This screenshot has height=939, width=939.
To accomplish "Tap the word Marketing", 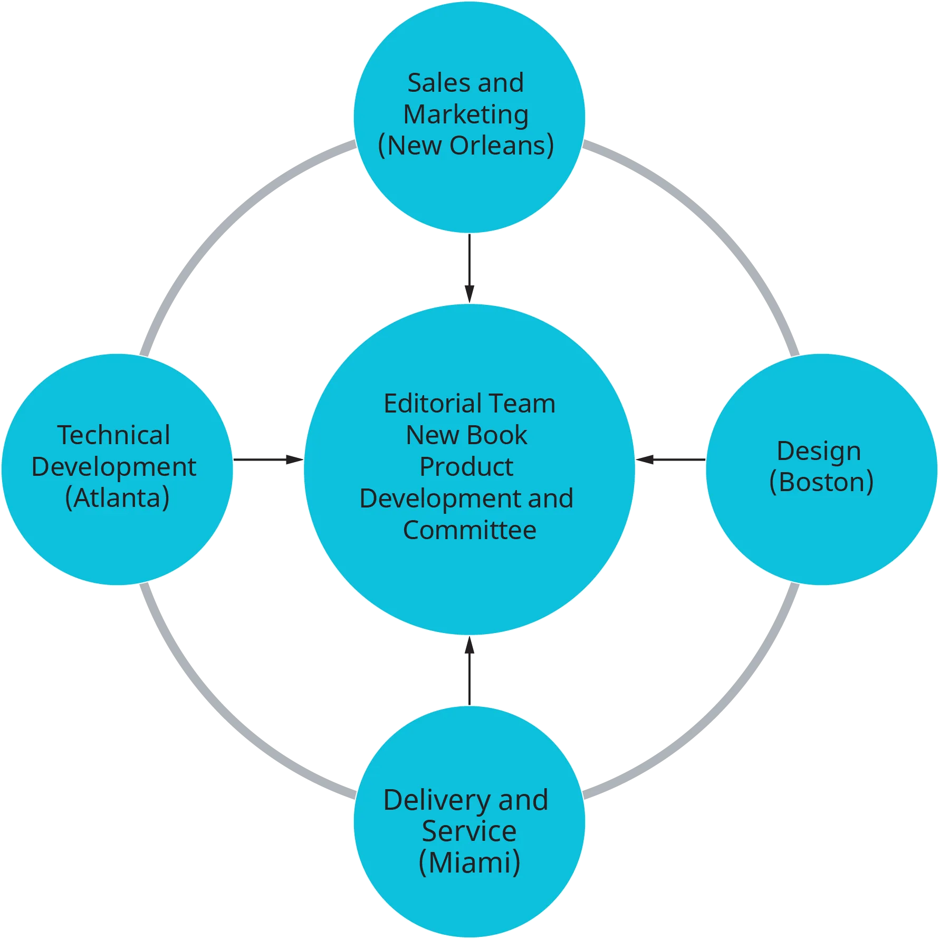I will [x=466, y=114].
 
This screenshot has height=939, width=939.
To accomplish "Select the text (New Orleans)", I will [x=466, y=146].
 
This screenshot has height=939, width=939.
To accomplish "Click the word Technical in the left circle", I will [x=113, y=435].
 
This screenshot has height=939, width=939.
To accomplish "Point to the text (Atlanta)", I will [x=117, y=498].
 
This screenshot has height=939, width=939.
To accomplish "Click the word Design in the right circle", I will [x=819, y=451].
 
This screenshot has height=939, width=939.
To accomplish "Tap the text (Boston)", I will [x=821, y=482].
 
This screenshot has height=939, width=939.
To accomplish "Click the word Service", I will [x=469, y=831].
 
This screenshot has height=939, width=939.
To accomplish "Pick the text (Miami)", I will [x=469, y=863].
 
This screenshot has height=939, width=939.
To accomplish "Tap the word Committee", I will [x=469, y=530].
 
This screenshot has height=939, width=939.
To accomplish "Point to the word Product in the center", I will [x=466, y=467].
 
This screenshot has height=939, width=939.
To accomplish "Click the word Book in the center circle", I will [x=497, y=435].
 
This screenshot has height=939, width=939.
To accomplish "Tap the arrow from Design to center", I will [x=671, y=460].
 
